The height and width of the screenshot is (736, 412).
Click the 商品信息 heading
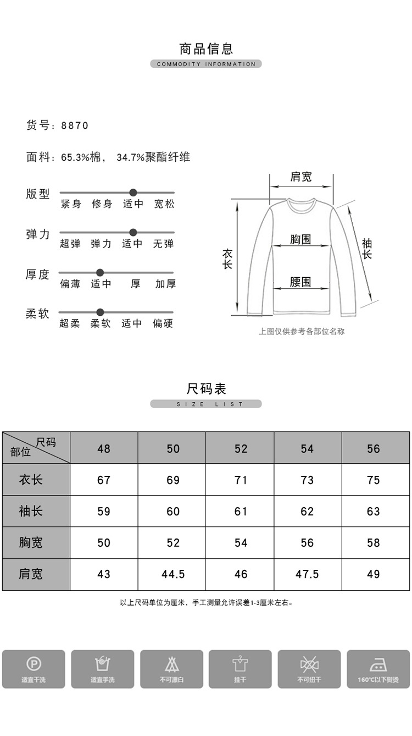pyautogui.click(x=206, y=48)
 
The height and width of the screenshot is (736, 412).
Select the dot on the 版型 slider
pyautogui.click(x=133, y=193)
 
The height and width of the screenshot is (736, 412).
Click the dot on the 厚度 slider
pyautogui.click(x=100, y=272)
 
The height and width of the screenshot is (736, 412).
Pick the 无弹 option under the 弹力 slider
pyautogui.click(x=163, y=244)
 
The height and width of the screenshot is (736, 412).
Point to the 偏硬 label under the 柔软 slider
pyautogui.click(x=163, y=323)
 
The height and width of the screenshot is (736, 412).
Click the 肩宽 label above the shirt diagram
pyautogui.click(x=300, y=177)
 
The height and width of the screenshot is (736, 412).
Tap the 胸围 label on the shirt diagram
pyautogui.click(x=300, y=239)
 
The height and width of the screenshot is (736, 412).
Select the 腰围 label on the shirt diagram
pyautogui.click(x=300, y=282)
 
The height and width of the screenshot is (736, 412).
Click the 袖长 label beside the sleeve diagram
pyautogui.click(x=366, y=249)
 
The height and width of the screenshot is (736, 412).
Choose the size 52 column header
pyautogui.click(x=241, y=449)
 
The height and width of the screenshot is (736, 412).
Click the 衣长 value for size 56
pyautogui.click(x=373, y=480)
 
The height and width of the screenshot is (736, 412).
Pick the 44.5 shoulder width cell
pyautogui.click(x=173, y=574)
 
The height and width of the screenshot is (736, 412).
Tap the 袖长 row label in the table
pyautogui.click(x=31, y=512)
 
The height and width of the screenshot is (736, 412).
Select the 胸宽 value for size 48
pyautogui.click(x=104, y=543)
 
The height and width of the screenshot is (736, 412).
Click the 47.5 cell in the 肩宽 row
pyautogui.click(x=307, y=574)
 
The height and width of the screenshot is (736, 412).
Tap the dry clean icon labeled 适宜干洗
pyautogui.click(x=34, y=668)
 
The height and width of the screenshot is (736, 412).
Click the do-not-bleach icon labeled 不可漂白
pyautogui.click(x=171, y=668)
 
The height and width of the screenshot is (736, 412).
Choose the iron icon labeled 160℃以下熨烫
pyautogui.click(x=378, y=668)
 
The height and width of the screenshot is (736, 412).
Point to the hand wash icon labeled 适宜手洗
pyautogui.click(x=102, y=668)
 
